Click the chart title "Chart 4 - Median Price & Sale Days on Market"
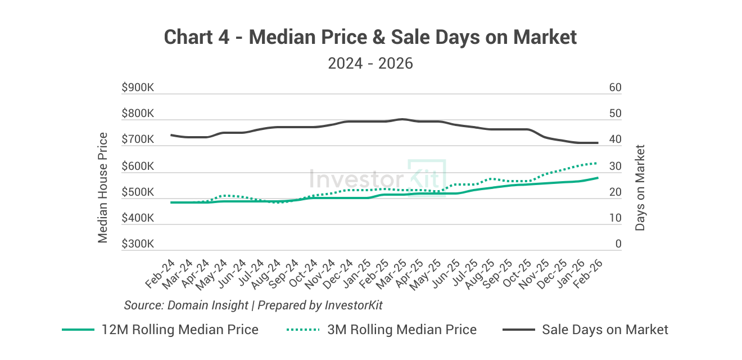(x=370, y=37)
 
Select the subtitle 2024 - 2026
(x=370, y=63)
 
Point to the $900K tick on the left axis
(x=138, y=88)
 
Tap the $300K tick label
(x=138, y=245)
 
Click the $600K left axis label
(x=138, y=167)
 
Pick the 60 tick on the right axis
(x=615, y=88)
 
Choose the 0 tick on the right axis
(x=618, y=245)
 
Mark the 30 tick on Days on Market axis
(x=615, y=167)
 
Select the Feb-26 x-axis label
(x=586, y=275)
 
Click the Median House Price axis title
(x=103, y=187)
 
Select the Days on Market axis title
(x=640, y=187)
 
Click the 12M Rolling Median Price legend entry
(x=160, y=330)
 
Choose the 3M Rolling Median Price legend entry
(x=382, y=330)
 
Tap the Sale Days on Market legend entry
(x=585, y=330)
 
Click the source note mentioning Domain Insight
(x=253, y=305)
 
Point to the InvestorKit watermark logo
(x=377, y=178)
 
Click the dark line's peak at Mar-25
(x=401, y=119)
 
